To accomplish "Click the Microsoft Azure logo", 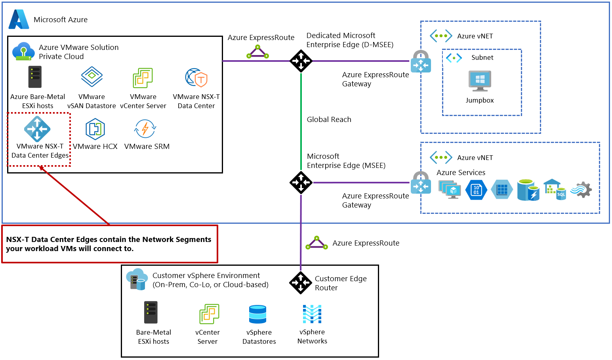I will (19, 19).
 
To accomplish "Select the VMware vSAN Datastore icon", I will (92, 76).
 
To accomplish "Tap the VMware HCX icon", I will (95, 129).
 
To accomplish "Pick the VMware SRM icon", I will (145, 129).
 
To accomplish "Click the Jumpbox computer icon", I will (480, 81).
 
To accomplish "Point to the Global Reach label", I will (329, 120).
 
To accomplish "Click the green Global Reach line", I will (301, 119).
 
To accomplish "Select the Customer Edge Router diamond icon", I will (301, 283).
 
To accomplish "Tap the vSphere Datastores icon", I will (258, 314).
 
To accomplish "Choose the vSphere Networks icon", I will (312, 314).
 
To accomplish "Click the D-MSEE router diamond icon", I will (301, 61).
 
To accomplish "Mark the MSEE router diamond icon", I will (301, 183).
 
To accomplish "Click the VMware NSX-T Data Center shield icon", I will (196, 78).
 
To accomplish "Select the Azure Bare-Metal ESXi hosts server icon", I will (35, 77).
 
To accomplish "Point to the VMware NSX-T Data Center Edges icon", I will (37, 129).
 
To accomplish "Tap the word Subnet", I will (482, 57).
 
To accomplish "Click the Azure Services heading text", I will (461, 173).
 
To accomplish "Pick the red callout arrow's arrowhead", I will (41, 168).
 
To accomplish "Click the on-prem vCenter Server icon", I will (209, 314).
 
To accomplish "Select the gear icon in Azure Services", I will (582, 190).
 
